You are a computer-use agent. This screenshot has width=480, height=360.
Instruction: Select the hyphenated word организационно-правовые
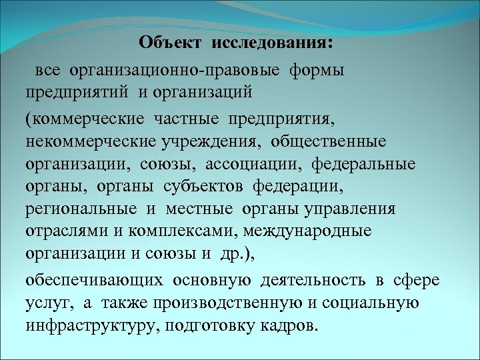(173, 69)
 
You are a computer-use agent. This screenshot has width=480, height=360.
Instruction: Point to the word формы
(317, 69)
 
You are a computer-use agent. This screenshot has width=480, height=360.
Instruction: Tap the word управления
(349, 209)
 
